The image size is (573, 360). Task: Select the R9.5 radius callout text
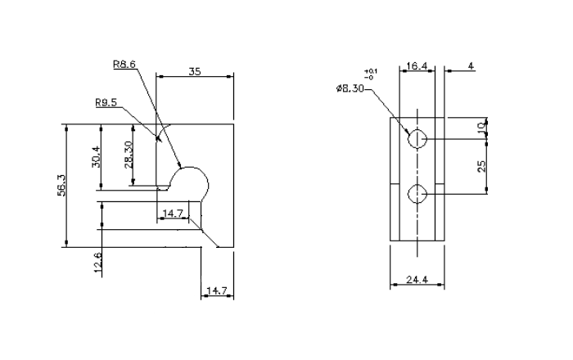pyautogui.click(x=106, y=103)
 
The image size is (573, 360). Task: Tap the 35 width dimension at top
pyautogui.click(x=195, y=72)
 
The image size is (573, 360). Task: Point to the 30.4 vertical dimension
pyautogui.click(x=96, y=155)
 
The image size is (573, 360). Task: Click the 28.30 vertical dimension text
pyautogui.click(x=128, y=154)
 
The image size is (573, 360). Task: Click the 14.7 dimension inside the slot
pyautogui.click(x=173, y=214)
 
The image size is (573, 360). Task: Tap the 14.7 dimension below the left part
pyautogui.click(x=215, y=290)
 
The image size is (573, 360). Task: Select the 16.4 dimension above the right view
pyautogui.click(x=417, y=65)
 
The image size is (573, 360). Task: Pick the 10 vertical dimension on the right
pyautogui.click(x=482, y=129)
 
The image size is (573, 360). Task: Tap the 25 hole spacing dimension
pyautogui.click(x=482, y=165)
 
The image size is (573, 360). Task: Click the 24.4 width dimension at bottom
pyautogui.click(x=417, y=280)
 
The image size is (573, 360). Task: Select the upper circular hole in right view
pyautogui.click(x=418, y=139)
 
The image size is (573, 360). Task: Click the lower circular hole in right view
pyautogui.click(x=418, y=194)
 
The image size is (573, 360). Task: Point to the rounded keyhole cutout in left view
pyautogui.click(x=192, y=180)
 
